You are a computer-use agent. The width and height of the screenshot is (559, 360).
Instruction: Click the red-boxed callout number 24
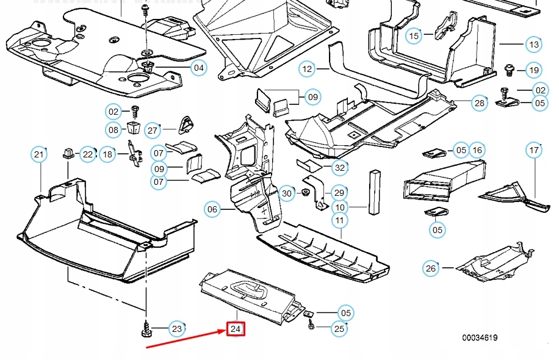tap(236, 329)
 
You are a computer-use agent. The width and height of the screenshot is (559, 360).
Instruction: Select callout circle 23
tap(176, 329)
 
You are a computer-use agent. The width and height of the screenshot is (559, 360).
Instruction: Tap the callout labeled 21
tap(39, 154)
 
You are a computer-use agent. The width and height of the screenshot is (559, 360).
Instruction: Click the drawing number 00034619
tap(479, 337)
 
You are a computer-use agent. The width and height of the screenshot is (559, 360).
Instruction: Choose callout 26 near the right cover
tap(431, 268)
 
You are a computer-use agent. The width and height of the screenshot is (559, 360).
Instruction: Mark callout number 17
tap(534, 150)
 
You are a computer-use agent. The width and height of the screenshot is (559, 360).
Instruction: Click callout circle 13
tap(534, 45)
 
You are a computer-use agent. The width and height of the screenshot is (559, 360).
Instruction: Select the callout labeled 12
tap(306, 69)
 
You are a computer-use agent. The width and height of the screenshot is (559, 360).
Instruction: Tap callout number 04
tap(199, 68)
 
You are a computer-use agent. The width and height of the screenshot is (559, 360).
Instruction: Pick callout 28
tap(480, 103)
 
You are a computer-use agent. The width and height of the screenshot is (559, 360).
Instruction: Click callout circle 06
tap(212, 210)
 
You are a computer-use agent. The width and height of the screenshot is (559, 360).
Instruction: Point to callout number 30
tap(287, 194)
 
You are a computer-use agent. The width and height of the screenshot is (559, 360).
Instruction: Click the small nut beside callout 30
tap(303, 194)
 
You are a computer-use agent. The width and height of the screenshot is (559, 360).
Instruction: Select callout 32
tap(341, 167)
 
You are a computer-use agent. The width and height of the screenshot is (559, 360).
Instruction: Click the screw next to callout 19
tap(508, 68)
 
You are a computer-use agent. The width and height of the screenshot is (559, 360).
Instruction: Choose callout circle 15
tap(414, 36)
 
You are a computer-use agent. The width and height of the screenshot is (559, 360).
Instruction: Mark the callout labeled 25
tap(339, 329)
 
